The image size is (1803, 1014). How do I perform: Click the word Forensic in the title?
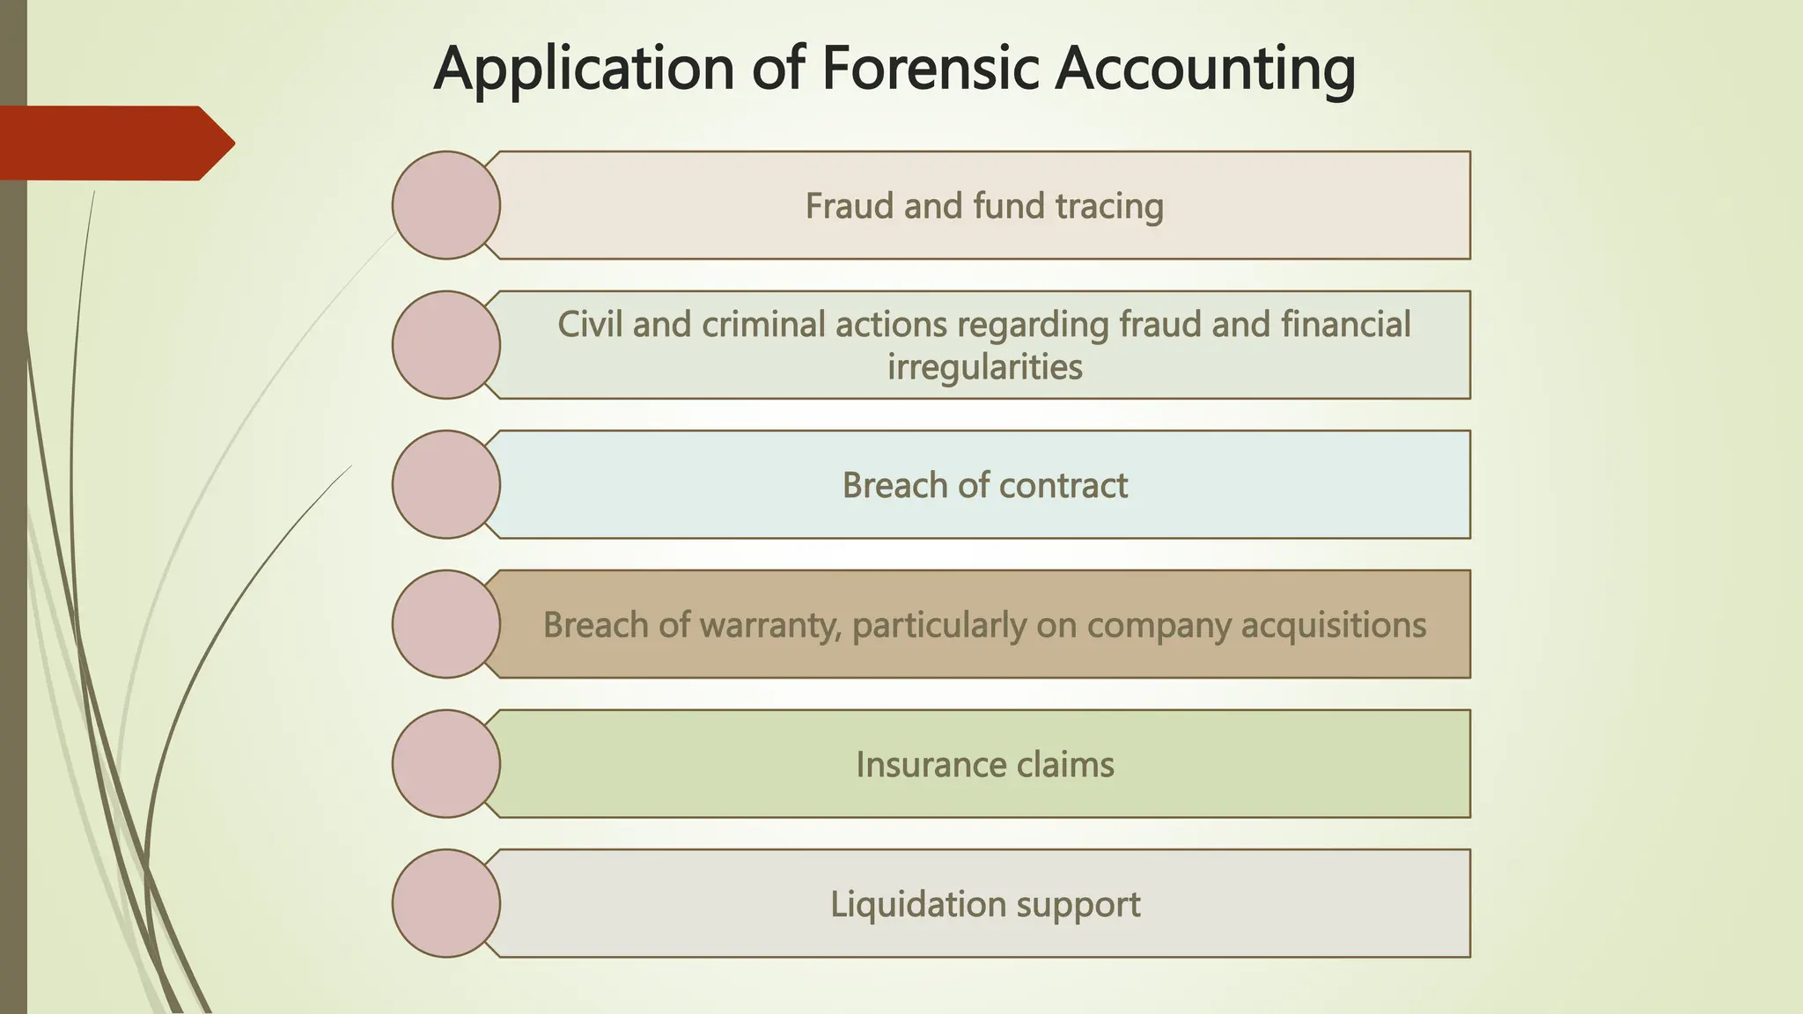coord(931,69)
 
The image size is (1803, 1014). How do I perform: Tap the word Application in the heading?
coord(584,69)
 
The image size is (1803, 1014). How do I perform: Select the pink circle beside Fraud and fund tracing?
coord(446,205)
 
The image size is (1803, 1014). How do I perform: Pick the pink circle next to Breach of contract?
coord(446,484)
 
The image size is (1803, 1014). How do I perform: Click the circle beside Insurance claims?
coord(446,763)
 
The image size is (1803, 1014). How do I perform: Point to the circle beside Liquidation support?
coord(446,903)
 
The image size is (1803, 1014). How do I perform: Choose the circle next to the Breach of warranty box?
coord(446,624)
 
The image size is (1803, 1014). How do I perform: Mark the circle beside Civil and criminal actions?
coord(446,345)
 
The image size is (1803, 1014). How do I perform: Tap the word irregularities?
coord(984,367)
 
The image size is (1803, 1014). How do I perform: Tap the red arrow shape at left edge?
coord(114,143)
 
